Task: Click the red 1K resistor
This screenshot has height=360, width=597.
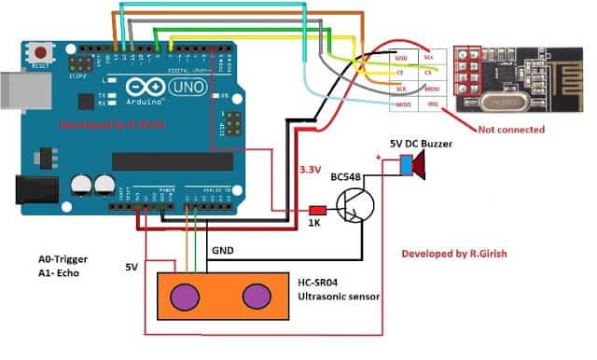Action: [x=316, y=210]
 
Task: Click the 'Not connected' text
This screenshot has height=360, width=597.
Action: [x=511, y=131]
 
